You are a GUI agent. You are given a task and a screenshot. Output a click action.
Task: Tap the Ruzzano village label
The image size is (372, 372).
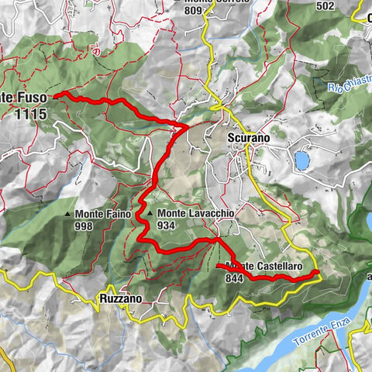[120, 298]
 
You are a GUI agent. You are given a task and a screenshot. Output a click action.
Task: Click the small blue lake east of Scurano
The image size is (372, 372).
[301, 160]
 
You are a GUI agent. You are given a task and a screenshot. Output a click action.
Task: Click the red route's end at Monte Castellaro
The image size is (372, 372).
[219, 266]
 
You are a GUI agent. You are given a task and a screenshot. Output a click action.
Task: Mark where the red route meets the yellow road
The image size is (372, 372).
[317, 274]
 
